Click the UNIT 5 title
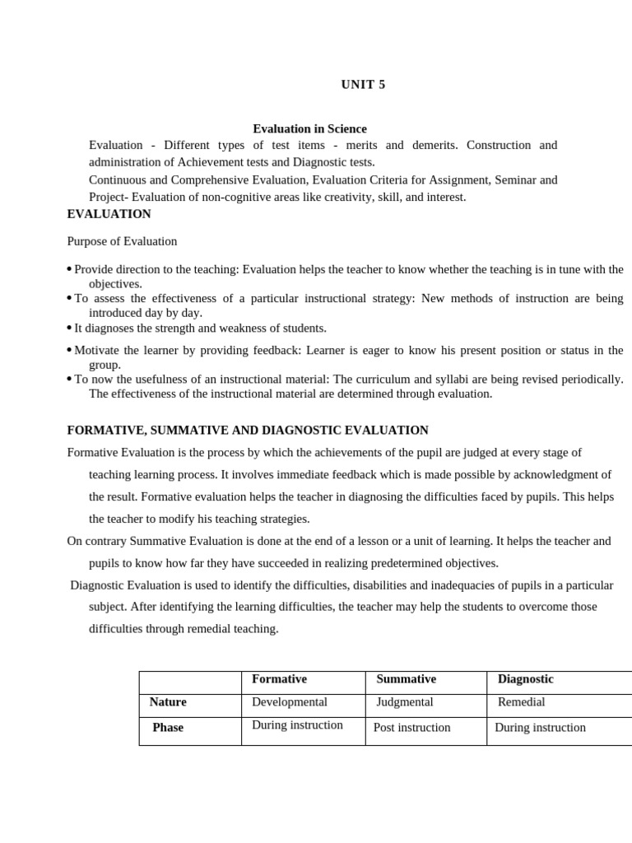363,85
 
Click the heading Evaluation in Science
309,128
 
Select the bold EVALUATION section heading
109,214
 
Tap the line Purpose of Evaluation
122,241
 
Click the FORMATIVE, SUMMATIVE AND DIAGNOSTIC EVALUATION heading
248,430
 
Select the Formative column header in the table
279,679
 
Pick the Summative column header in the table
406,679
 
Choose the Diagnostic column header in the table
525,679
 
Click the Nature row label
168,702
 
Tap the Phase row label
168,728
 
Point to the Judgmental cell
404,702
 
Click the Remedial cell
521,702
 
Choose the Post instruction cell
411,728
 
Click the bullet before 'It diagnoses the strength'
69,328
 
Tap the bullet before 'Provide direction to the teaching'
69,270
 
